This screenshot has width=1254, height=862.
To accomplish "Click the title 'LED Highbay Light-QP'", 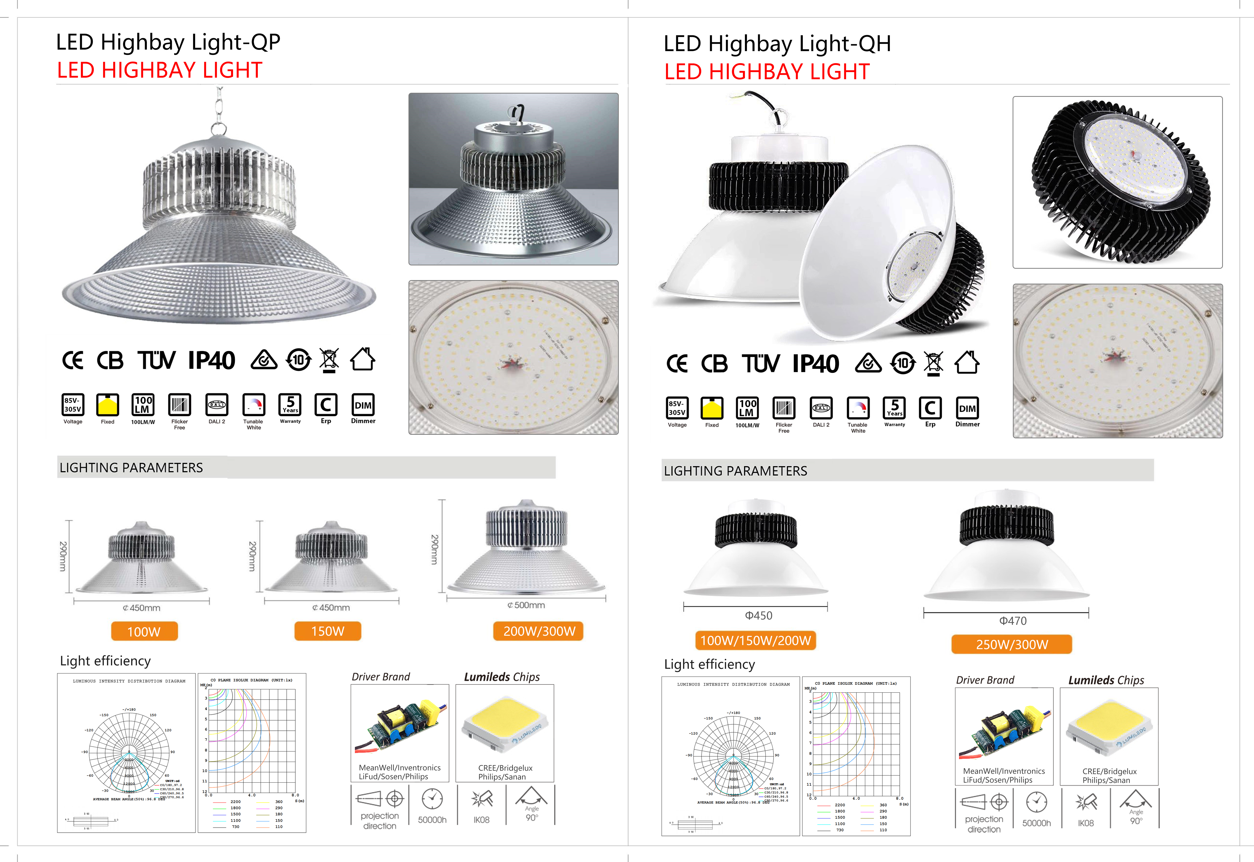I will [168, 42].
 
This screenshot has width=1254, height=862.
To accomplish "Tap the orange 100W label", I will [144, 631].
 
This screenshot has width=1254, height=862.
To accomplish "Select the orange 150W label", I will [327, 631].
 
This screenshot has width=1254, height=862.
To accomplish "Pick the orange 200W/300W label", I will [538, 631].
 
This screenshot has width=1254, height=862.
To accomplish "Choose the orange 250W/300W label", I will [1012, 644].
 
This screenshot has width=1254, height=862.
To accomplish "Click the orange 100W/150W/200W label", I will [755, 641].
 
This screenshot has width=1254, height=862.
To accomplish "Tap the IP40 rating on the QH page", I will [815, 364].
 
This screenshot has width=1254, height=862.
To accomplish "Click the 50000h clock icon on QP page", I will [432, 799].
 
